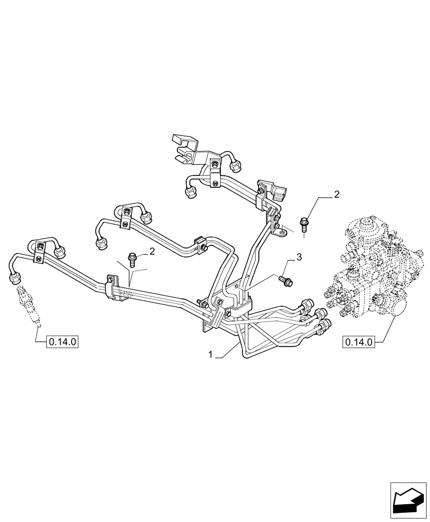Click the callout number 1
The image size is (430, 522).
tap(210, 354)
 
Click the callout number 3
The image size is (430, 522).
tap(298, 257)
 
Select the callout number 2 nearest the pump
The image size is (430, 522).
tap(337, 195)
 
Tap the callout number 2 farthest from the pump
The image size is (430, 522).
tap(152, 252)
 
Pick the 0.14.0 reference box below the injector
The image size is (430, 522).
tap(63, 342)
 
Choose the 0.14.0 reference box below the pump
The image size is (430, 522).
tap(358, 342)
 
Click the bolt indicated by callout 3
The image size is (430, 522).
tap(285, 281)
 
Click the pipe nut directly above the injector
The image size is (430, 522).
tap(15, 280)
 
